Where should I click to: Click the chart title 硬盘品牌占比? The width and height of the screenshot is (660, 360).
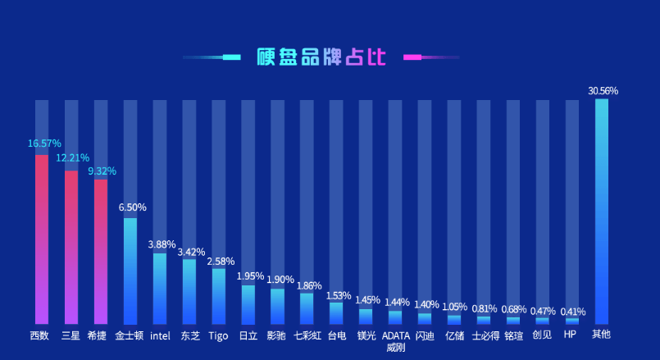[321, 57]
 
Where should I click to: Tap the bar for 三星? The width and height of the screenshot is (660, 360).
[71, 246]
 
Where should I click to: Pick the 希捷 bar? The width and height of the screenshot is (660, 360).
[101, 250]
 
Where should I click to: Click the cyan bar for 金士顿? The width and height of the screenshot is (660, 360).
[130, 271]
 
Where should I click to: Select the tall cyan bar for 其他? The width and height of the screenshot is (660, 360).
[602, 212]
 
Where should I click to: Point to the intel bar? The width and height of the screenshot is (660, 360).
[160, 288]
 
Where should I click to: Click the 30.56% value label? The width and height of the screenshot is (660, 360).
[603, 91]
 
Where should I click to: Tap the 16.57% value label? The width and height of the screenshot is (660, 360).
[44, 144]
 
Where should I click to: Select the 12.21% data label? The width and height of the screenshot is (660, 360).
[73, 157]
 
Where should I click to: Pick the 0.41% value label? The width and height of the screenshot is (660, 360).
[573, 312]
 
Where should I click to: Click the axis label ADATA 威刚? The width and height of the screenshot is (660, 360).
[396, 340]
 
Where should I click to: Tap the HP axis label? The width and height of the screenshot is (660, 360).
[571, 335]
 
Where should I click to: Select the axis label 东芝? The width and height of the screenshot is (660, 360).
[189, 335]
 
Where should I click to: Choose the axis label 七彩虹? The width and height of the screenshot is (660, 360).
[307, 335]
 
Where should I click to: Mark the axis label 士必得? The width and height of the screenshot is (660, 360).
[485, 335]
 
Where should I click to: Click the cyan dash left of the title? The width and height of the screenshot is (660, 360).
[231, 57]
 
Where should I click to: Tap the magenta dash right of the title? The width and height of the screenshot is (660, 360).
[412, 57]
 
